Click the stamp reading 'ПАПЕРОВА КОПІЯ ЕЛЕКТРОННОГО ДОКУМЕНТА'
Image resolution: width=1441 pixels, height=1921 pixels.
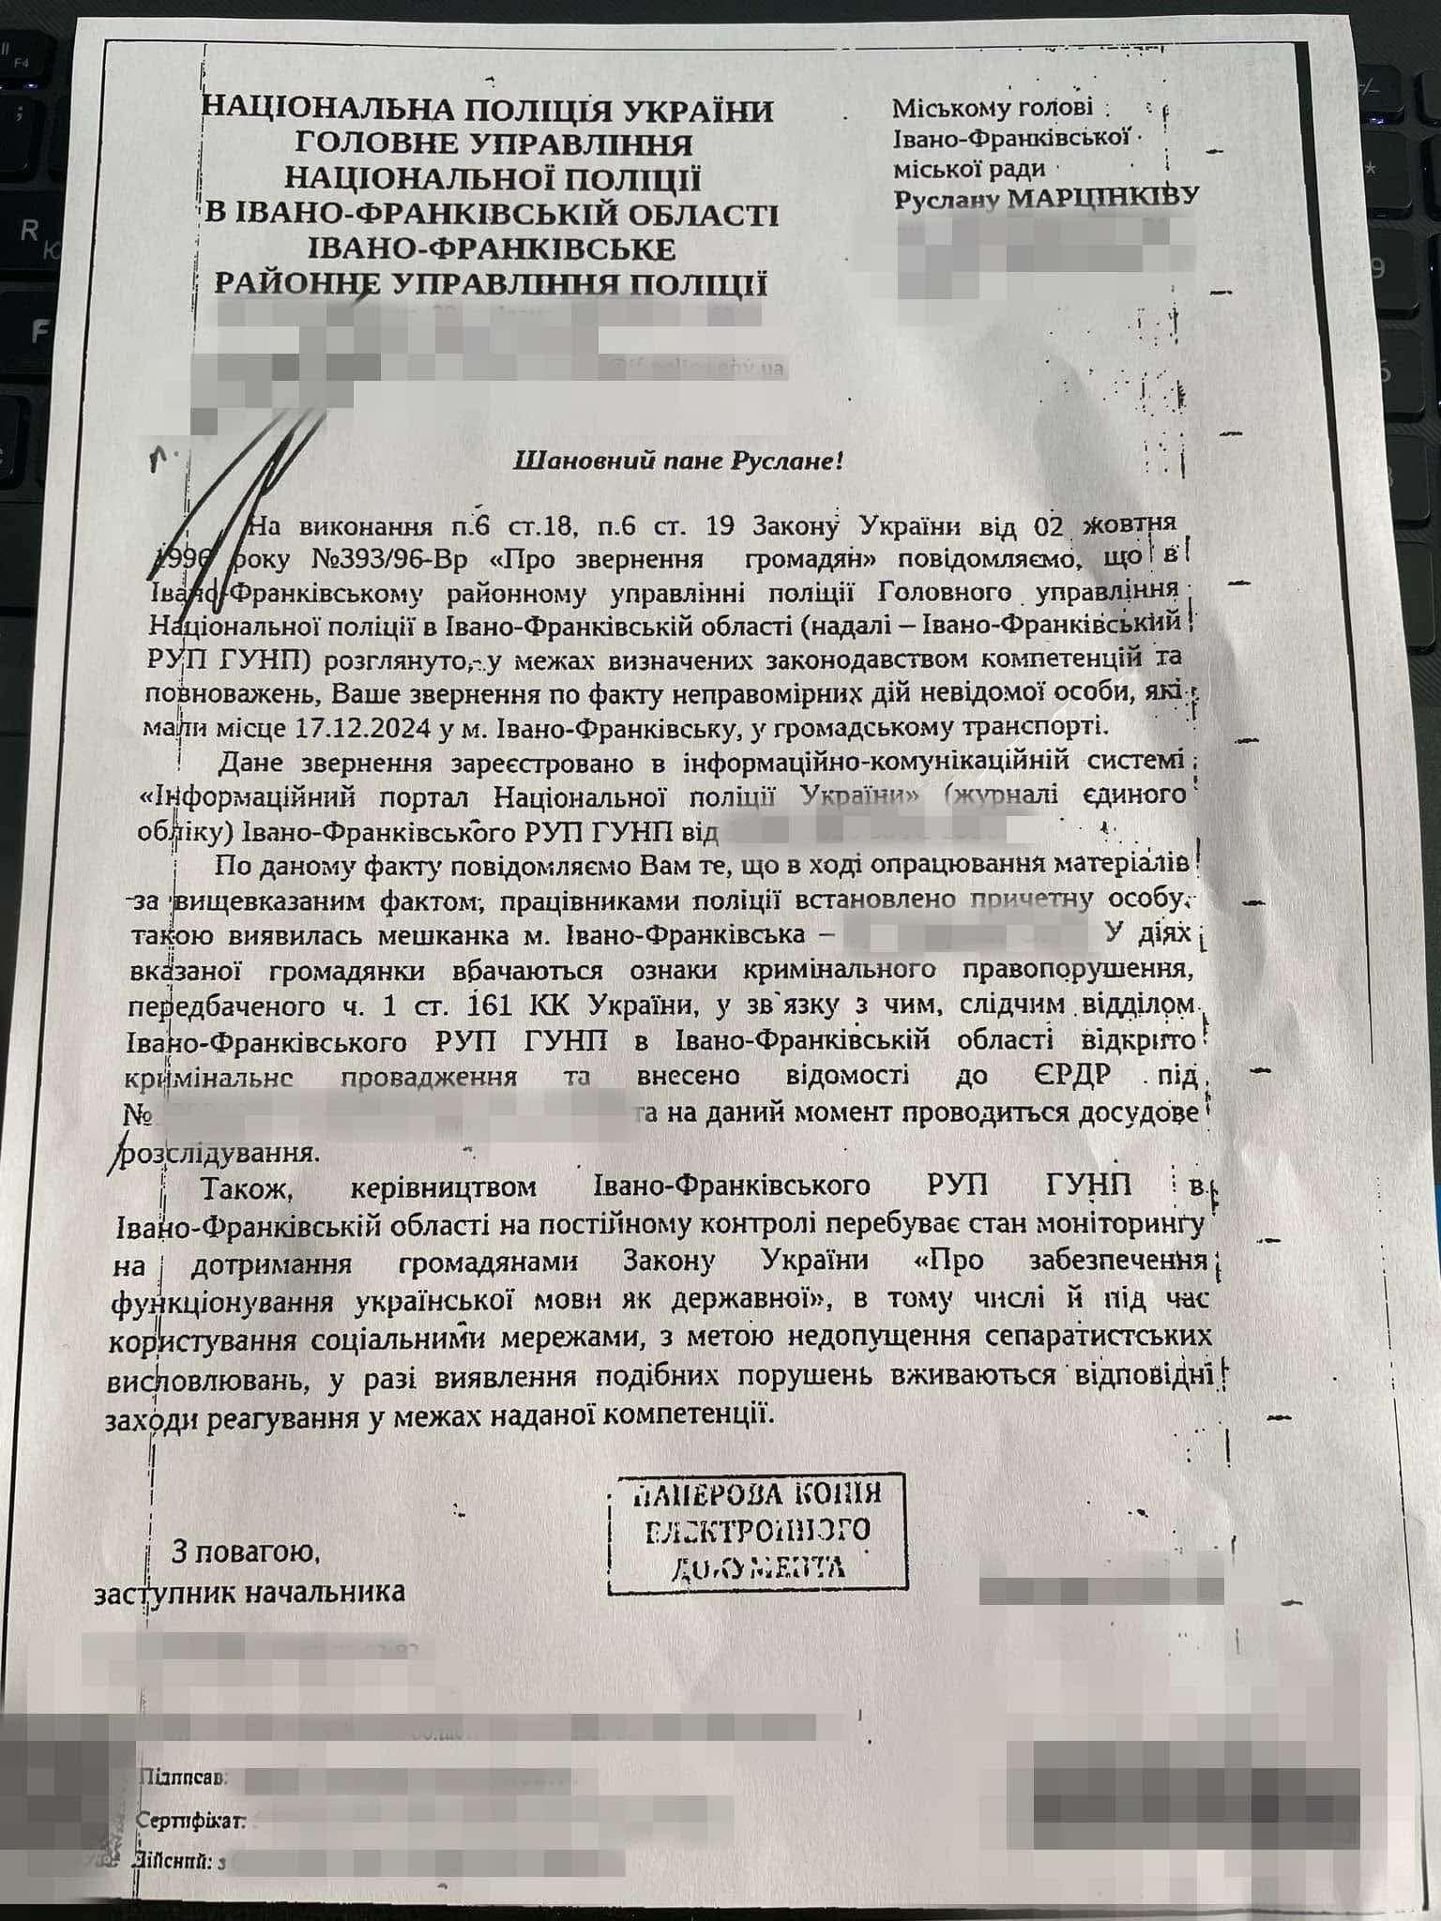point(758,1531)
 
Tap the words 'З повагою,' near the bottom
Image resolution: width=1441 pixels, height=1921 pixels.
point(246,1553)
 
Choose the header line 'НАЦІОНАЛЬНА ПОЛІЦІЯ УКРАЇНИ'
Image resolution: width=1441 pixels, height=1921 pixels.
point(489,111)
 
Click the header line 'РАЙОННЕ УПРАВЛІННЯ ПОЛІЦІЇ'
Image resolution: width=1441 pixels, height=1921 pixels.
point(491,284)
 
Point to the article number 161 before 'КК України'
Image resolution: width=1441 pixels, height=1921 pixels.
point(488,1006)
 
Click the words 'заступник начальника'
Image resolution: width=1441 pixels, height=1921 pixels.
point(250,1592)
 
